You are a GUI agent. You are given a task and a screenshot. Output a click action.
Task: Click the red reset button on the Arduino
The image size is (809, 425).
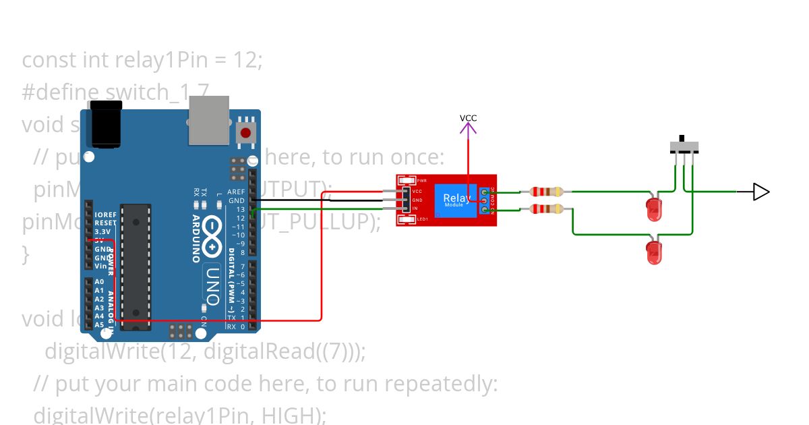click(x=246, y=133)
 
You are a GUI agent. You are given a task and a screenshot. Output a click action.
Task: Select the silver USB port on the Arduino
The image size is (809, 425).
click(x=208, y=120)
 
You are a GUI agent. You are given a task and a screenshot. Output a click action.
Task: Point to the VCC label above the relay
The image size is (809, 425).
click(x=468, y=118)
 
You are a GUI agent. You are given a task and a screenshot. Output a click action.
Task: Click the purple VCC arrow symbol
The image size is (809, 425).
click(x=468, y=131)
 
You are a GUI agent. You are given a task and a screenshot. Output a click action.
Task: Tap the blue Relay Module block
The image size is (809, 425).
click(x=456, y=200)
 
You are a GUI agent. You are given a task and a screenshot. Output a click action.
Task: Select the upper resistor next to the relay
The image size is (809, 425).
click(x=546, y=192)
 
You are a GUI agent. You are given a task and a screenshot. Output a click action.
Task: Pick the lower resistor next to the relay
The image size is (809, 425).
click(x=546, y=209)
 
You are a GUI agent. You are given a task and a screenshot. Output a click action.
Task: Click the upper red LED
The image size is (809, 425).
click(x=654, y=210)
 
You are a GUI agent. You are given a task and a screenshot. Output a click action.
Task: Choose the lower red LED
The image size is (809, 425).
click(x=654, y=252)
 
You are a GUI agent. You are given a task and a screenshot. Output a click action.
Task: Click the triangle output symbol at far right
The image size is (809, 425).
click(x=760, y=192)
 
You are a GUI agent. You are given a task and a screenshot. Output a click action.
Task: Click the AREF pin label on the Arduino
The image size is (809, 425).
click(x=236, y=192)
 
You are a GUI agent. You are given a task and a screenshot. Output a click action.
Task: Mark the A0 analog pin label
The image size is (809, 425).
click(x=99, y=282)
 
